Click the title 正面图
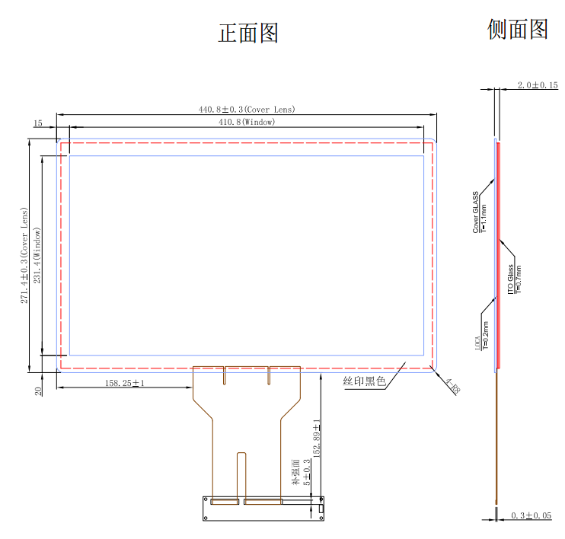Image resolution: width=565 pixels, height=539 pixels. click(248, 33)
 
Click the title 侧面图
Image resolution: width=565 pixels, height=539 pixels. click(518, 29)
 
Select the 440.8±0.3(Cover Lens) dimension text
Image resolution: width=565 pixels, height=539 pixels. click(247, 110)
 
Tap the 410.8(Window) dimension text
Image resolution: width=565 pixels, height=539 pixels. click(247, 122)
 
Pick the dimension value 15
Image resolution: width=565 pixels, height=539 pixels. click(37, 123)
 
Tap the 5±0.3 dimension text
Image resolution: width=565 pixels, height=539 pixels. click(307, 472)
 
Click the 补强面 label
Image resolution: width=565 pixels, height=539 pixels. click(295, 472)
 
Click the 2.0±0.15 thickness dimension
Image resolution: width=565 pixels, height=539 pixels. click(538, 85)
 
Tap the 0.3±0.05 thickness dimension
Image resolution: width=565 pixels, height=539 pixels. click(531, 515)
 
